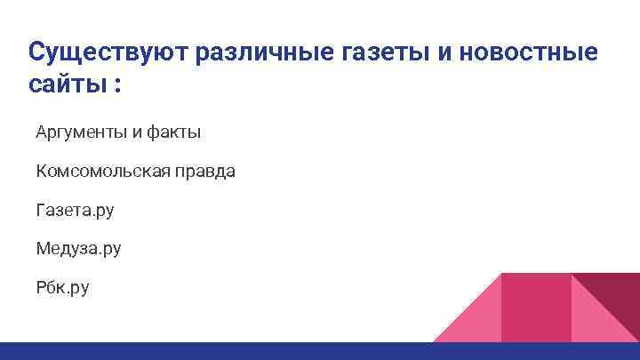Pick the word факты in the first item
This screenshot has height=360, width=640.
(x=173, y=132)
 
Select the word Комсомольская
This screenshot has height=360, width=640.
(x=100, y=172)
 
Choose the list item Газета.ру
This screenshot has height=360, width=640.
(x=75, y=211)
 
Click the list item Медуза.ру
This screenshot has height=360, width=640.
(x=78, y=249)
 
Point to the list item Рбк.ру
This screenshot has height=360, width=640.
(x=62, y=288)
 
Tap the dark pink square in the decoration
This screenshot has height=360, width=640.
(x=536, y=307)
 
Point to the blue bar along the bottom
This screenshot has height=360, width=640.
(x=320, y=350)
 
